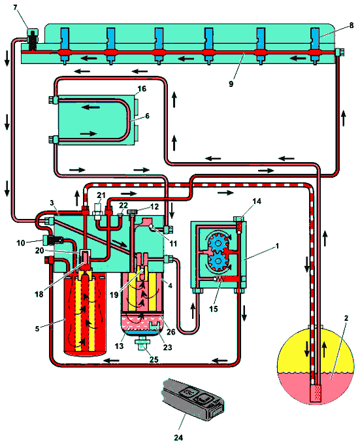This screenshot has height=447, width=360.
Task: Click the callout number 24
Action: click(178, 437)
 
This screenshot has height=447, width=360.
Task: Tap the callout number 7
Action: click(15, 7)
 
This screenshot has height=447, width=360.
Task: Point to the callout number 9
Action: click(231, 84)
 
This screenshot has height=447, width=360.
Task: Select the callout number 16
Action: click(142, 89)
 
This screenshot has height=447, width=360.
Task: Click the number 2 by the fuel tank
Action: click(346, 318)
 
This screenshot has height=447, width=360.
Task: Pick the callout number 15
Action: click(214, 308)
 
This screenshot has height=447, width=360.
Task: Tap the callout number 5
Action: click(37, 329)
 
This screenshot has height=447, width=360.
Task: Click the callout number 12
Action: click(154, 207)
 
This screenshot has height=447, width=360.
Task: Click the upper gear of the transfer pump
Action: click(218, 242)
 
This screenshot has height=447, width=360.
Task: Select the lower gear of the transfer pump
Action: click(219, 261)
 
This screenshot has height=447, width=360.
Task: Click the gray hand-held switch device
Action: click(193, 399)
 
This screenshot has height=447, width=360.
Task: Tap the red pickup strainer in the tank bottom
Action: click(316, 393)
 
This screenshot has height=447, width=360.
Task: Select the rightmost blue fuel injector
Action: click(315, 46)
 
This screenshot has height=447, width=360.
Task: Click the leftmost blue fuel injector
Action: click(65, 46)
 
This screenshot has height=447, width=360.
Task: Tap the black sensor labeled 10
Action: click(54, 240)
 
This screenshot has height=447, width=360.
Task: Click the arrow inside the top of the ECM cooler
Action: click(90, 107)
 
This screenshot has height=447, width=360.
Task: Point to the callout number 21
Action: click(101, 195)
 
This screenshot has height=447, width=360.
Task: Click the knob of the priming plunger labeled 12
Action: click(132, 212)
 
